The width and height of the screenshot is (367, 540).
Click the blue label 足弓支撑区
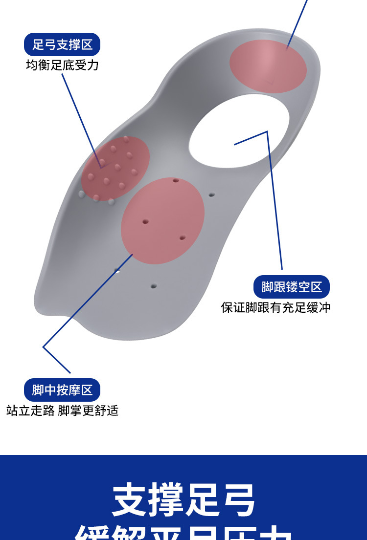point(62,45)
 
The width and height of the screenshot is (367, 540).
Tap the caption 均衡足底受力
point(62,65)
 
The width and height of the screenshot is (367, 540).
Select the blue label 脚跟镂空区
point(292,287)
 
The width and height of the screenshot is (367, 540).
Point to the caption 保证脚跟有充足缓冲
point(276,307)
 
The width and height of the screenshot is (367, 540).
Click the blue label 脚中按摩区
point(62,390)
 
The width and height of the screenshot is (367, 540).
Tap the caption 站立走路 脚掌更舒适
point(62,410)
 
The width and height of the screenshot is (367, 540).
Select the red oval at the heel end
point(268,66)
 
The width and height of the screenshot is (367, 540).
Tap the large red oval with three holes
point(162,221)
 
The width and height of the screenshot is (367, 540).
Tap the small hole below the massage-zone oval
point(153,285)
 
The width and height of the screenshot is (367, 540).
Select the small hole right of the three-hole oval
point(211,194)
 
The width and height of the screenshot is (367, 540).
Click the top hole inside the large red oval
point(176,180)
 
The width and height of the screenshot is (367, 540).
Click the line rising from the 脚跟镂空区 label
point(275,205)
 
